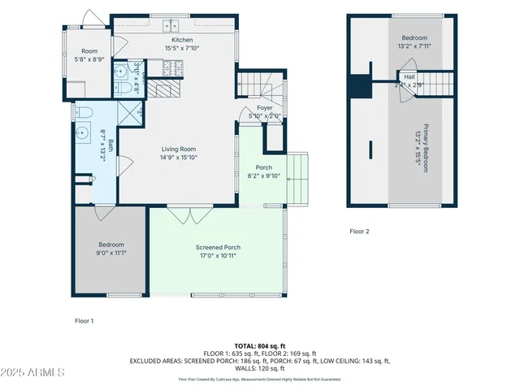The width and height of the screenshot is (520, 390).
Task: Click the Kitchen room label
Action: click(182, 40)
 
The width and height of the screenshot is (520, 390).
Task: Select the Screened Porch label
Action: click(218, 247)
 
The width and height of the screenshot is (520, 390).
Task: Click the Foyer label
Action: click(265, 107)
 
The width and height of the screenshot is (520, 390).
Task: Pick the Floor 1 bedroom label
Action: click(112, 245)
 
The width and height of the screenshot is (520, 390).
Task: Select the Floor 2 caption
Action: click(359, 232)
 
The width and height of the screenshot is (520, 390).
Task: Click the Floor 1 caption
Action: click(84, 321)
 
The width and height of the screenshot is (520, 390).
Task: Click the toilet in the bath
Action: click(85, 111)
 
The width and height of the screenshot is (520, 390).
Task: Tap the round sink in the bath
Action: click(83, 132)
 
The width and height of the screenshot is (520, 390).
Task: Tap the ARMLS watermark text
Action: click(34, 372)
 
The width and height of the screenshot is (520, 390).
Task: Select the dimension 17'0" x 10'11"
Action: click(218, 255)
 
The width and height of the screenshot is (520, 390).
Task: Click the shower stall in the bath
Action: click(130, 113)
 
